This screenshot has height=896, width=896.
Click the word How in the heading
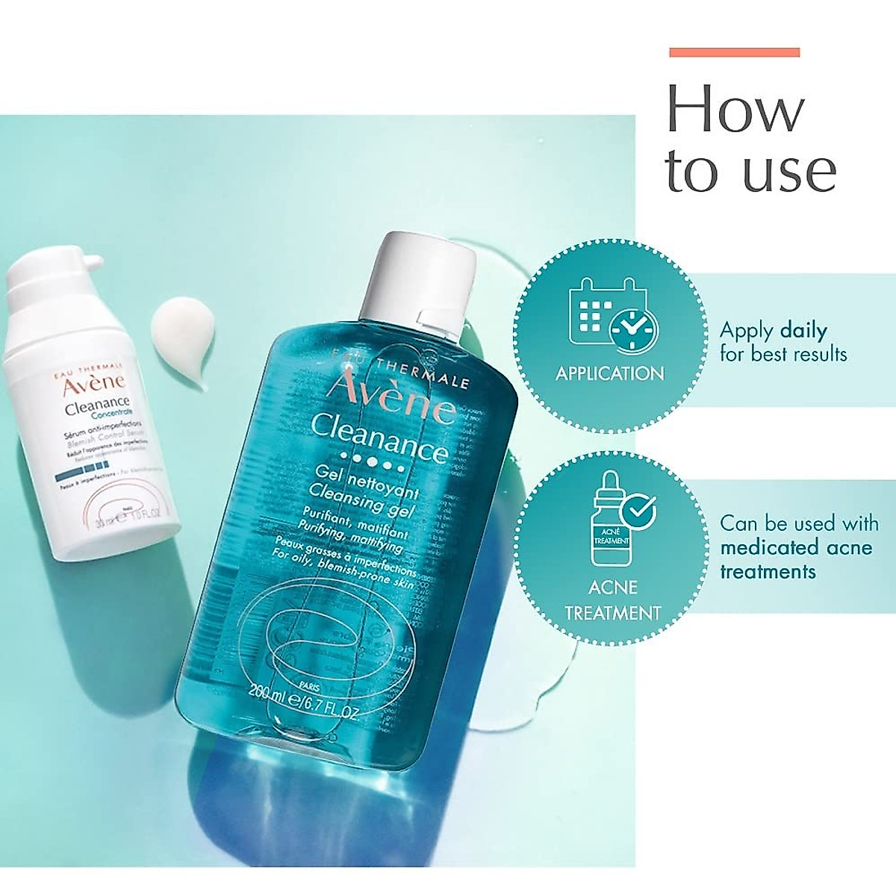point(735,109)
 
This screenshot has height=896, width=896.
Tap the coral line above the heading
point(734,52)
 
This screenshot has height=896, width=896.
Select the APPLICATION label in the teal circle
point(609,373)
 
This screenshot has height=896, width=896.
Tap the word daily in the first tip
point(803,330)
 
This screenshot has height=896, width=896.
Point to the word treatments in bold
point(768,572)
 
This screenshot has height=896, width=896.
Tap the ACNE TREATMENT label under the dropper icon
point(612,600)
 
